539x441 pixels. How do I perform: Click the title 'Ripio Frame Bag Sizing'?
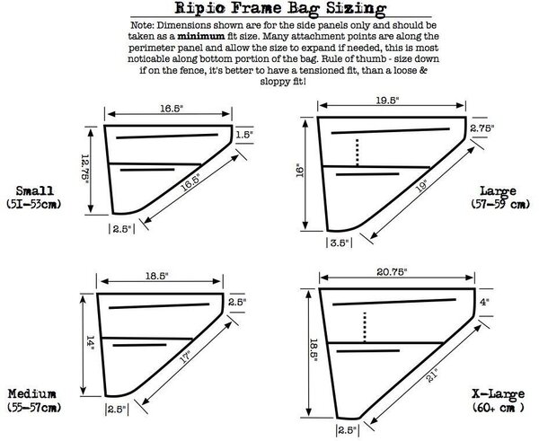(x=280, y=8)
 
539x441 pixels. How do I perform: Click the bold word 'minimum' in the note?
(x=201, y=36)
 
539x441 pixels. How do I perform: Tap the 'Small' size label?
(x=35, y=190)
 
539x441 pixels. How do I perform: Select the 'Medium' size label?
(x=32, y=393)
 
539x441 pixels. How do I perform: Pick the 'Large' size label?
(x=498, y=191)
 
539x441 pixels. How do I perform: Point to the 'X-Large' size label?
(x=498, y=394)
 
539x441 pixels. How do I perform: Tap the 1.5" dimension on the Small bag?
(x=244, y=135)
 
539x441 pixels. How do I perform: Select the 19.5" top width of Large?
(x=387, y=100)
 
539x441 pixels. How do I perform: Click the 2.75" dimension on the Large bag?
(x=482, y=128)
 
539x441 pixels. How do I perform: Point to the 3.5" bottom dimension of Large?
(x=340, y=243)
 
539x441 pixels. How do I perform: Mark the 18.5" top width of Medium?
(x=156, y=276)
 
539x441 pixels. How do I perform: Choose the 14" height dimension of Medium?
(x=90, y=343)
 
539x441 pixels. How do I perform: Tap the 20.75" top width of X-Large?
(x=392, y=272)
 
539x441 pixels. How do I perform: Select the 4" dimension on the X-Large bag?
(x=484, y=302)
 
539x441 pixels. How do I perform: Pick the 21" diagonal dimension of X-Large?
(x=432, y=375)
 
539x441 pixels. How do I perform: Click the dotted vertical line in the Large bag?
(x=358, y=153)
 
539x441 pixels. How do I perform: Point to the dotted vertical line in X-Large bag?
(x=365, y=327)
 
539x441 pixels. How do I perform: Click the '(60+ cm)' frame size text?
(x=498, y=408)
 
